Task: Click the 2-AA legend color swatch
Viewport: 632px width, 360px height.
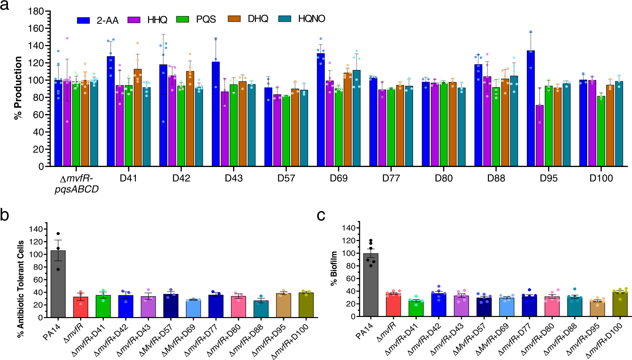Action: (83, 20)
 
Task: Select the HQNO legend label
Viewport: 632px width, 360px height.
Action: (311, 19)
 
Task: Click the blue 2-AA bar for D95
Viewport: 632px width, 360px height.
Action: (530, 108)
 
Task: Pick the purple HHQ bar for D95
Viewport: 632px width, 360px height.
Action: (539, 136)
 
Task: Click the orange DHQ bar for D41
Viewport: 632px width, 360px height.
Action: (137, 117)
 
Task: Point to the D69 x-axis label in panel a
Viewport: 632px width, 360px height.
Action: (339, 178)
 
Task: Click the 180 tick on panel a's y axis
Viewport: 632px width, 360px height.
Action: (36, 12)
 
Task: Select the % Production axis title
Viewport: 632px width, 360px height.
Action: (18, 88)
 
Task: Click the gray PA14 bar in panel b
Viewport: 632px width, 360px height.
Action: (58, 284)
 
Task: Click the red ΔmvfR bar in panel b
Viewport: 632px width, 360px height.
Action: (81, 307)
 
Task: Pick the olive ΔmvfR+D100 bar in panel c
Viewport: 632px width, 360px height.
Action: (620, 304)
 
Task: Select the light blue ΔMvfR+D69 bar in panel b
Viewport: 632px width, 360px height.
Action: (193, 309)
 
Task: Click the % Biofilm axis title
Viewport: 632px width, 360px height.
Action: (334, 268)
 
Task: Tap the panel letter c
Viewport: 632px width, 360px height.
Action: (321, 215)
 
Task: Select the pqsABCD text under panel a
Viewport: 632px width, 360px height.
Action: (77, 189)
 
